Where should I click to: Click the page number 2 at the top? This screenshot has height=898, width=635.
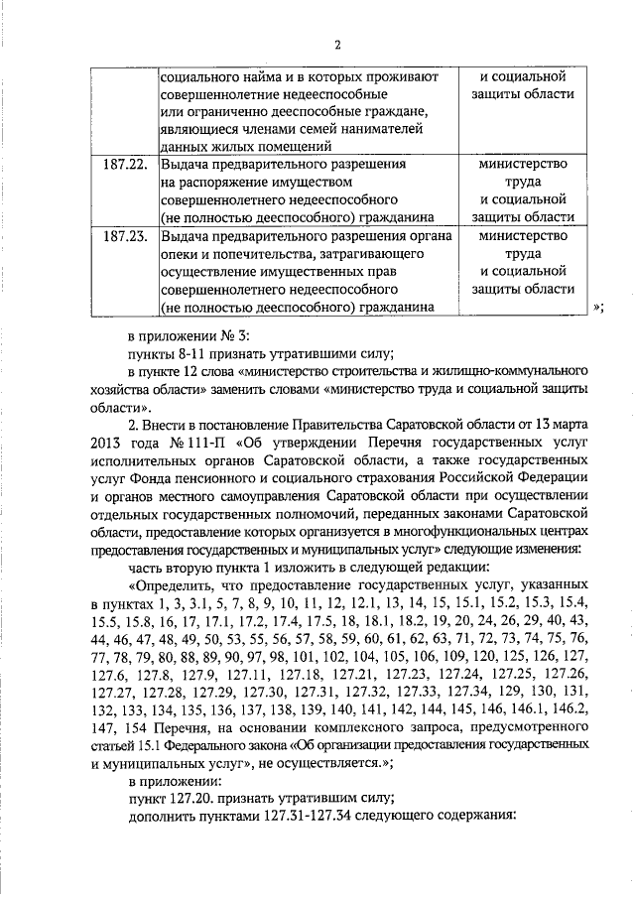click(x=338, y=45)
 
